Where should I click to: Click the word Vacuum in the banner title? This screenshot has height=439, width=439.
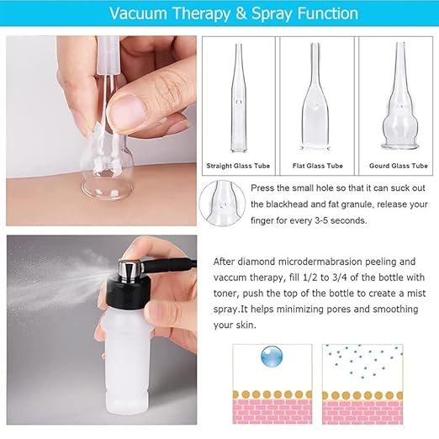(x=138, y=13)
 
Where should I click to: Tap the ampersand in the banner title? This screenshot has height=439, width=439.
(x=241, y=13)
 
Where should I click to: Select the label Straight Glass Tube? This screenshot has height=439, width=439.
(x=238, y=166)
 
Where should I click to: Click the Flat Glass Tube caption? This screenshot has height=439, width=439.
(x=318, y=166)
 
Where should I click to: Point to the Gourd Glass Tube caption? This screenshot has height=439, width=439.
(x=398, y=166)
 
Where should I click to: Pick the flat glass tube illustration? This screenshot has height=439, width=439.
(x=315, y=97)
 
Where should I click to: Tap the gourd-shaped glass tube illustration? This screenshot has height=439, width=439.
(x=400, y=96)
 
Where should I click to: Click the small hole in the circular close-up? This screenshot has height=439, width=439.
(x=223, y=205)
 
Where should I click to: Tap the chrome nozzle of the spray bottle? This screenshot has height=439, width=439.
(x=130, y=270)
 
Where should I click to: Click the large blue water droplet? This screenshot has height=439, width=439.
(x=272, y=357)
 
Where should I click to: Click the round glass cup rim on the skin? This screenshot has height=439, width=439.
(x=107, y=190)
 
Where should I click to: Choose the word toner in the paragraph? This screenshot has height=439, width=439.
(x=225, y=294)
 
